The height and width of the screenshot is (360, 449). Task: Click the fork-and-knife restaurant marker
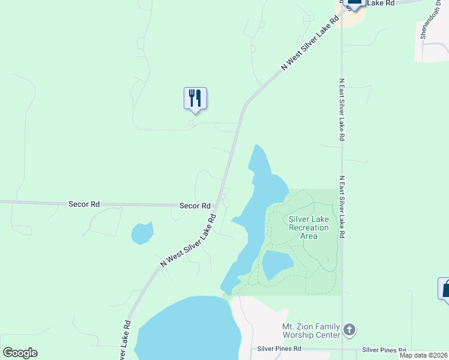click(x=195, y=98)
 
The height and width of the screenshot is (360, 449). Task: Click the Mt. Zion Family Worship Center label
click(x=311, y=331)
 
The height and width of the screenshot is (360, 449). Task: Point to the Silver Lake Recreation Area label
click(x=309, y=227)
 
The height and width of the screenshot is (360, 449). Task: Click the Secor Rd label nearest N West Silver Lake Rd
click(x=194, y=205)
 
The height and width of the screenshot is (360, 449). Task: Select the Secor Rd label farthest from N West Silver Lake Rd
click(x=84, y=204)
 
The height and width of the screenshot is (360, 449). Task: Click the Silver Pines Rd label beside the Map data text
click(x=384, y=350)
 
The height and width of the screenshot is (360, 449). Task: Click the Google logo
click(x=20, y=352)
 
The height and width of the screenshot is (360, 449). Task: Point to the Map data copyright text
click(x=424, y=355)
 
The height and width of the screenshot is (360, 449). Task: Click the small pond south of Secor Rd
click(x=142, y=233)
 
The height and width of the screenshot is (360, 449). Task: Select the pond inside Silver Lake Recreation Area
click(x=277, y=264)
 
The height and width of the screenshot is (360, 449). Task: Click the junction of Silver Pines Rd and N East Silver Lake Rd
click(x=342, y=349)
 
